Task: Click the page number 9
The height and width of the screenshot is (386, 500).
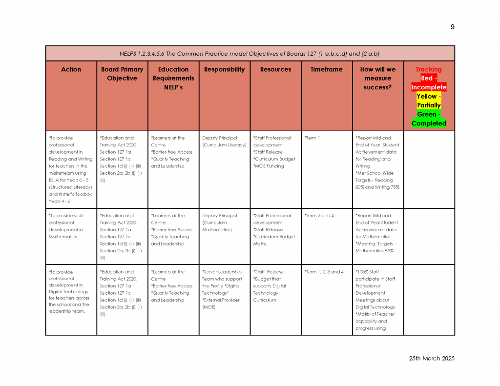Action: (x=452, y=27)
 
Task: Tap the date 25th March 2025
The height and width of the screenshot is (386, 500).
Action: (x=432, y=358)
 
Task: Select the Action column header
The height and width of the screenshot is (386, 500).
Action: (x=71, y=69)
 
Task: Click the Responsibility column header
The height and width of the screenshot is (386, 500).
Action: (x=224, y=69)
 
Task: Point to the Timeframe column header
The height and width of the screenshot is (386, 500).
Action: (x=326, y=69)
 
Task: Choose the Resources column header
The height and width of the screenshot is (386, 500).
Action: (x=275, y=69)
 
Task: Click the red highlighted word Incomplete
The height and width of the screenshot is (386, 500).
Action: (x=429, y=87)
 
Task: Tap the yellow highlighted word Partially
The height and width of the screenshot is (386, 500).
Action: (x=429, y=105)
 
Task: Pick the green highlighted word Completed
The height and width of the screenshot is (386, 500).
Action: (x=429, y=123)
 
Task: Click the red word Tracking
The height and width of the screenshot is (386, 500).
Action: (x=428, y=69)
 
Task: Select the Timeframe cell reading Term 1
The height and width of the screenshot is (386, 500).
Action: (x=312, y=138)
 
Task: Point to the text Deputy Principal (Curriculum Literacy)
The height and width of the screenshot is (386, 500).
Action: (x=224, y=142)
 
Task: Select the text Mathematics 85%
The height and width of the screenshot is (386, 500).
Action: (x=375, y=251)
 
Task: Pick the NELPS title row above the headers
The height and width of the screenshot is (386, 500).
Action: (x=250, y=54)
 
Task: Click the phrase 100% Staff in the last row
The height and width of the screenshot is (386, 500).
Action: (x=367, y=272)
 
